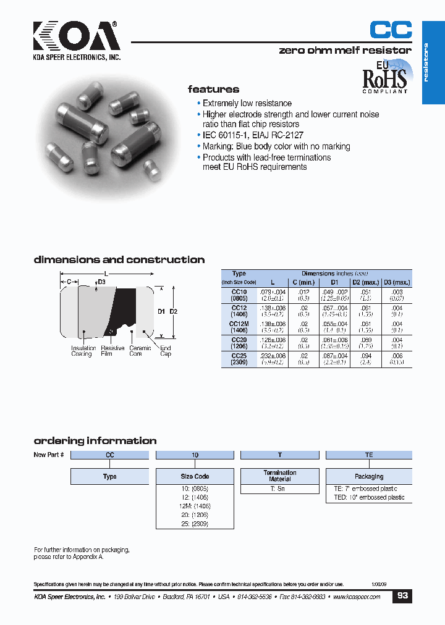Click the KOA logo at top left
click(77, 38)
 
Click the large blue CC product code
click(390, 30)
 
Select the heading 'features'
click(213, 89)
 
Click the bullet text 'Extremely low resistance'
click(247, 103)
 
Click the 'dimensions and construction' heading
click(119, 260)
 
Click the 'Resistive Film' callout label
click(112, 351)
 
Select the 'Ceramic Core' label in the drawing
click(140, 351)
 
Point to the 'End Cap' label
click(166, 351)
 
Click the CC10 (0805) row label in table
click(239, 295)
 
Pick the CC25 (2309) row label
click(239, 359)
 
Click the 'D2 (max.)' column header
click(365, 282)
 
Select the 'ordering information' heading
click(95, 441)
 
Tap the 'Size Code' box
click(195, 477)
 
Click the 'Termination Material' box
click(279, 476)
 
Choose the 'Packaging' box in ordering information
click(368, 477)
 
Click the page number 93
click(402, 596)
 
